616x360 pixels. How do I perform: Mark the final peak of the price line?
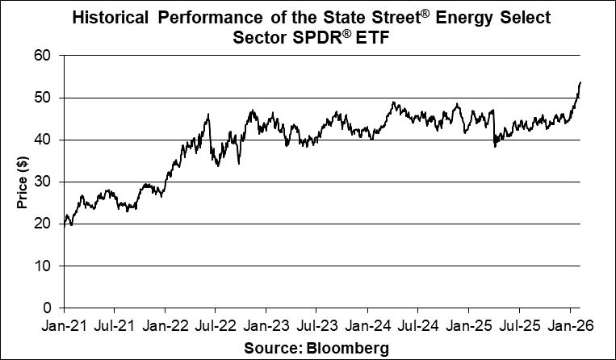580,82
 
